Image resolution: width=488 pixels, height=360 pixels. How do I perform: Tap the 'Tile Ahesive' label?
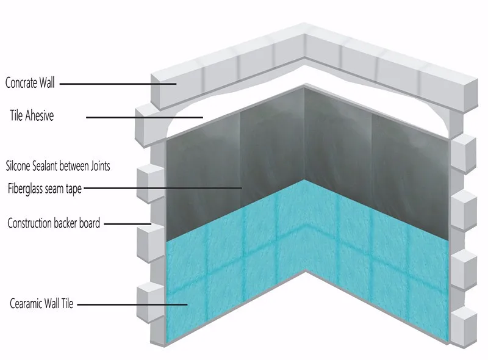tap(32, 115)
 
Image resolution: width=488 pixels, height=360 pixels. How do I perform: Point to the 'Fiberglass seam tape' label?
tap(45, 188)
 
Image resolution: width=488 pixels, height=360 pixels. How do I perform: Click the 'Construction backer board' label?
tap(54, 223)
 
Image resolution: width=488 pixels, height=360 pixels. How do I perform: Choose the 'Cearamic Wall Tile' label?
tap(41, 303)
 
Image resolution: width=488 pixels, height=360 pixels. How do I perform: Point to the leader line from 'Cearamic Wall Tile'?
tap(131, 303)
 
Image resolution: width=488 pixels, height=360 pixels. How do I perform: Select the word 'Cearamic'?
tap(26, 303)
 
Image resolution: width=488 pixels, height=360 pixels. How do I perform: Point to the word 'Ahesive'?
tap(39, 115)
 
